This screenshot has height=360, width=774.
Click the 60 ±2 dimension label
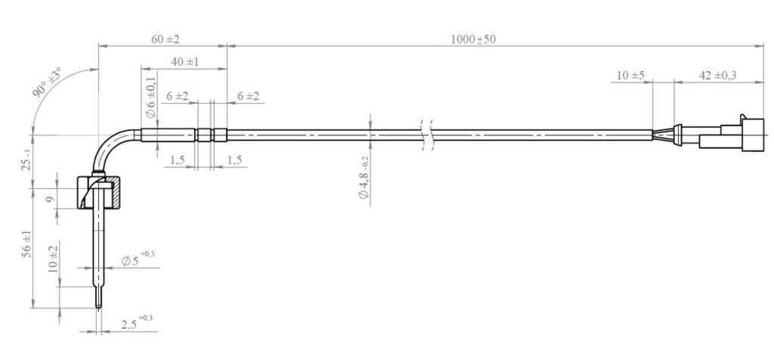[166, 39]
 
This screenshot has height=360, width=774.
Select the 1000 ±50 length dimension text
[473, 39]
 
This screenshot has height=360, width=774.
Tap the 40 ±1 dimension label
[184, 62]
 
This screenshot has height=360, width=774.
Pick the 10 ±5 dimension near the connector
[630, 76]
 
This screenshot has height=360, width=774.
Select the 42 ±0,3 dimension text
[718, 76]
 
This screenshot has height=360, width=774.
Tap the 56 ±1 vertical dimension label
[27, 244]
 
